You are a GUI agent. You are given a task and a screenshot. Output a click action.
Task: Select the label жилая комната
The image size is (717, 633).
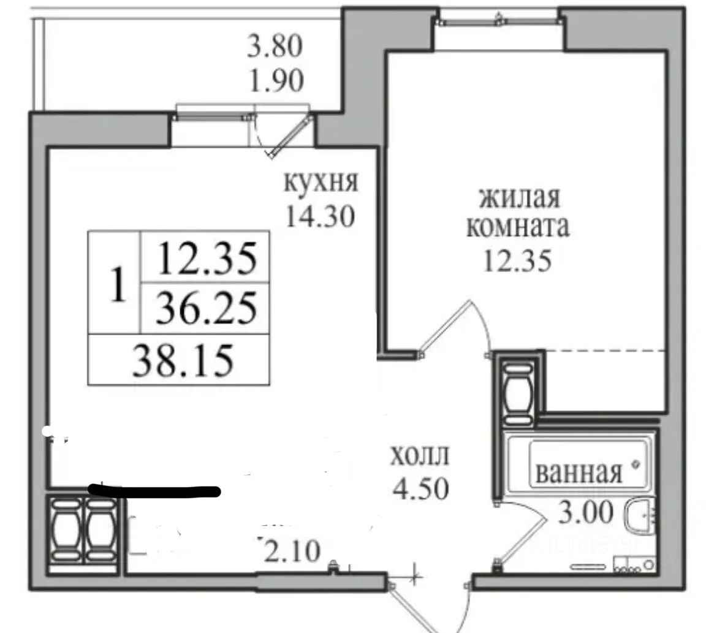[x=518, y=212]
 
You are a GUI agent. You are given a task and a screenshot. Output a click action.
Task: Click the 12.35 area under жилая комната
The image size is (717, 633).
[x=518, y=261]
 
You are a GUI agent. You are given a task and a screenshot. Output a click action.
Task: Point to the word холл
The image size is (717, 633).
[x=420, y=455]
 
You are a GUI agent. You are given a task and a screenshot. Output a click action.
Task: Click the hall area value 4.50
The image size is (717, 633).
[x=420, y=488]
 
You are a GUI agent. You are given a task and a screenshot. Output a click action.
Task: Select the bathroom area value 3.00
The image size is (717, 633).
[x=586, y=512]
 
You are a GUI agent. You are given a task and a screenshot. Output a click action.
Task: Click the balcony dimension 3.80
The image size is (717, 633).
[x=275, y=46]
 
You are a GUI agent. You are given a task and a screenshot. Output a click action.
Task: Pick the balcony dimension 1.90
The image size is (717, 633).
[x=276, y=81]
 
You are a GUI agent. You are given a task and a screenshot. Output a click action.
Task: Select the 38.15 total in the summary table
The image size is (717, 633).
[x=183, y=360]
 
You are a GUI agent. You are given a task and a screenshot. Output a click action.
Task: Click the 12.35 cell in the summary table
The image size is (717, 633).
[x=207, y=259]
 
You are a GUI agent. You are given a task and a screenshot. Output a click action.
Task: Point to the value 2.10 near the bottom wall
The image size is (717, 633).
[x=292, y=551]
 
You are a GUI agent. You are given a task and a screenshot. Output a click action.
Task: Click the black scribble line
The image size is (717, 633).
[x=154, y=491]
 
